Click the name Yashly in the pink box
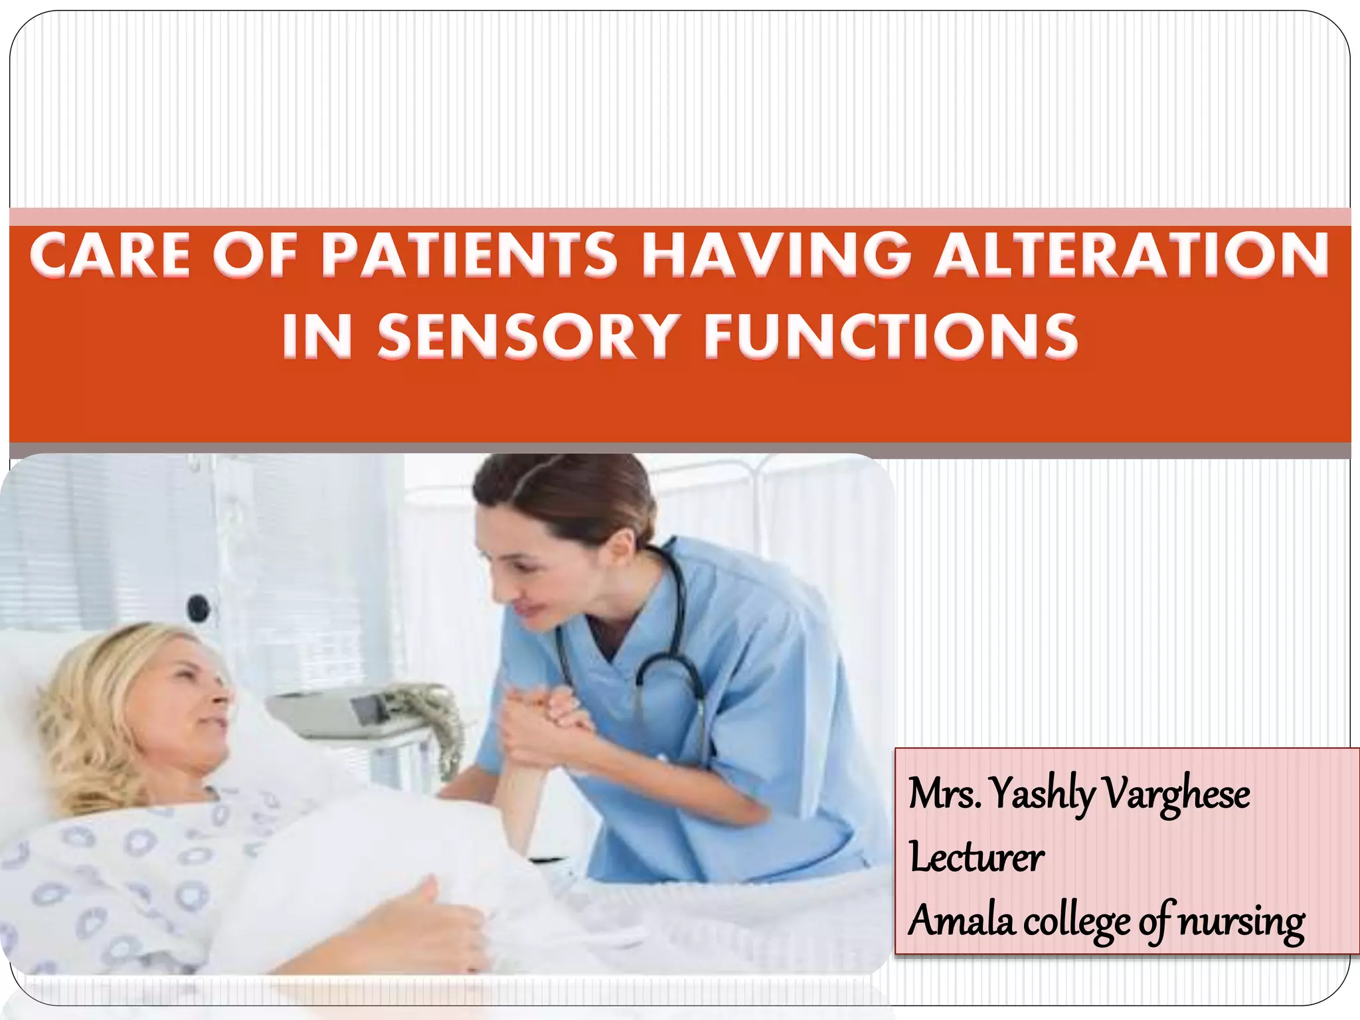pyautogui.click(x=1042, y=794)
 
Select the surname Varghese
pyautogui.click(x=1177, y=794)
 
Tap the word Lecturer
pyautogui.click(x=976, y=857)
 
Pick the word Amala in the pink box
pyautogui.click(x=962, y=921)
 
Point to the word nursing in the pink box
pyautogui.click(x=1241, y=921)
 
